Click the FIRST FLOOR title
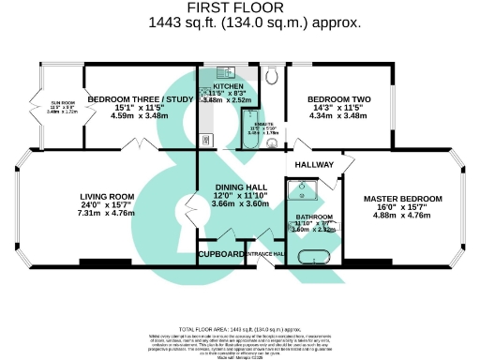click(240, 7)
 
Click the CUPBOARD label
click(221, 253)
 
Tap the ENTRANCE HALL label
click(266, 253)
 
